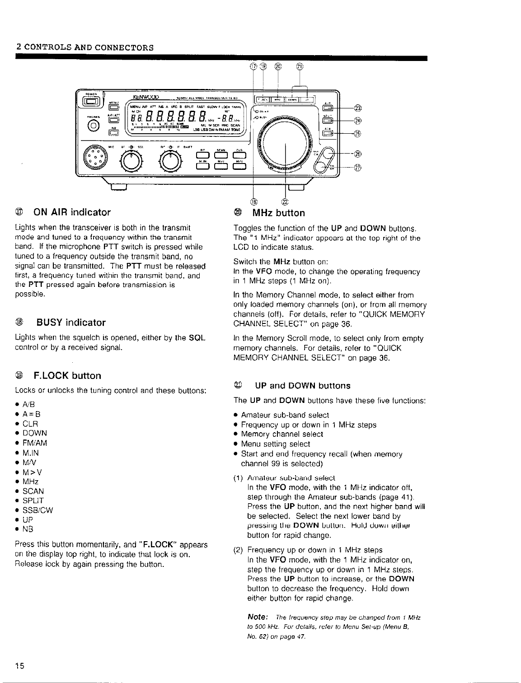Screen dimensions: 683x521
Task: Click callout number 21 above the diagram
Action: (x=299, y=67)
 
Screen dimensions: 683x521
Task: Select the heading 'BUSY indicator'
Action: (x=74, y=322)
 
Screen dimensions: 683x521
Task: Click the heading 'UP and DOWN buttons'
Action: (x=303, y=386)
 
